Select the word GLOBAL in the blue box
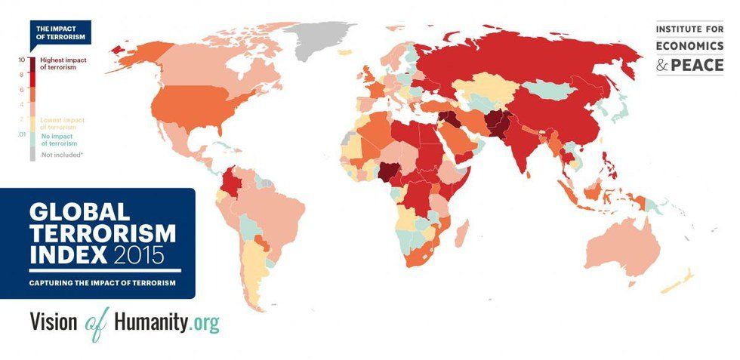coord(80,211)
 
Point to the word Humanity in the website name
coord(151,322)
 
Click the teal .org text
coord(205,323)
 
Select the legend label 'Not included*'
coord(57,154)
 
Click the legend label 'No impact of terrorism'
coord(59,139)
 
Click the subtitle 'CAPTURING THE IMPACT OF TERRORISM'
coord(103,282)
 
